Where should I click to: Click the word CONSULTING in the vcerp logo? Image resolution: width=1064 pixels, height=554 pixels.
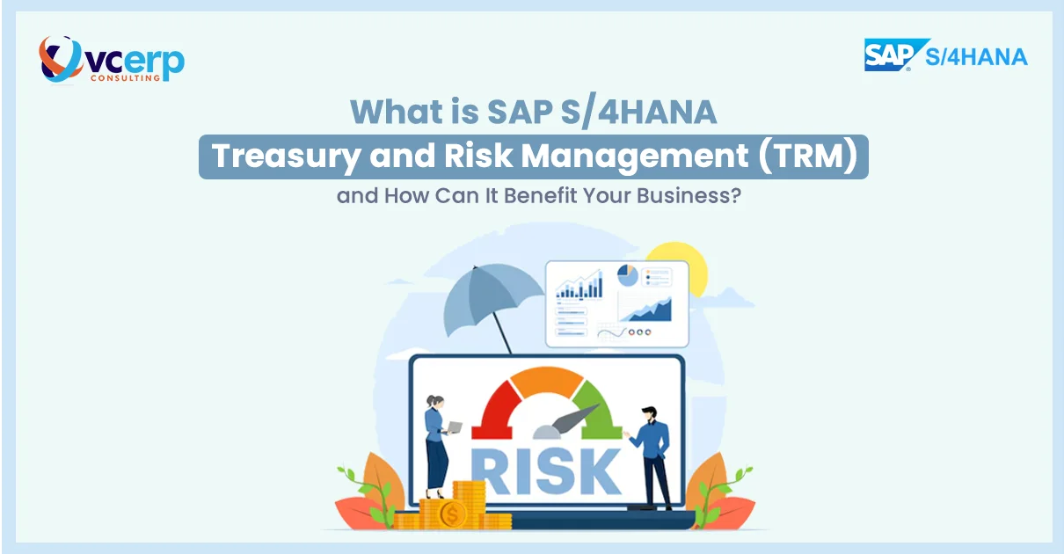click(126, 77)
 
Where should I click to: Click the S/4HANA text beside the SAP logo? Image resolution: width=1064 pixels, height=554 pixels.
click(976, 57)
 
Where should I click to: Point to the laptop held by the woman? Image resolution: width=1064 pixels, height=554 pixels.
click(455, 427)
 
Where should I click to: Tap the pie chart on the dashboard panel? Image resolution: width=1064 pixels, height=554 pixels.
click(627, 275)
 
